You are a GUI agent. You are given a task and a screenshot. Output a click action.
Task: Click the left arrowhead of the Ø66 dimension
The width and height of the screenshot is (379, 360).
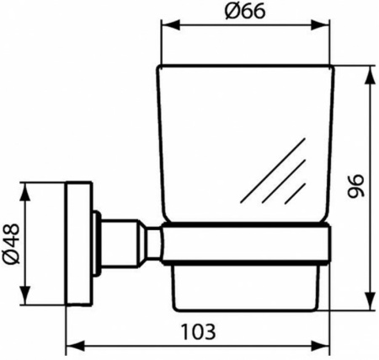[x=165, y=35]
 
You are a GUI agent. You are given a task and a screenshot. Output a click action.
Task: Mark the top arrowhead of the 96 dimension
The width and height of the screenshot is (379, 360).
[x=368, y=70]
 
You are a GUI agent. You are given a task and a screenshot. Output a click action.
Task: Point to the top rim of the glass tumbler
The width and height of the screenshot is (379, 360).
[x=244, y=67]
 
